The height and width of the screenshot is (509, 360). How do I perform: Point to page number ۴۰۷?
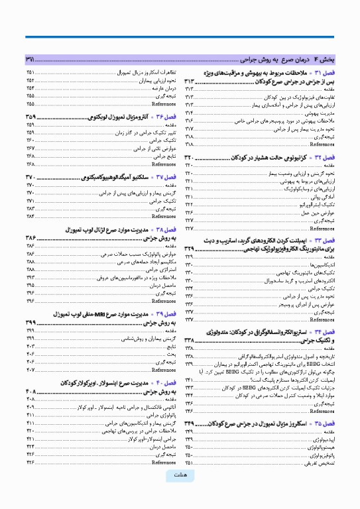[31, 369]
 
